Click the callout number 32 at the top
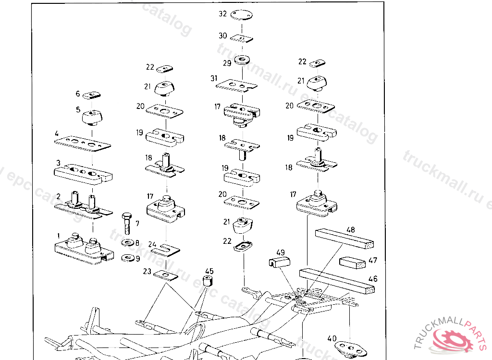tap(222, 14)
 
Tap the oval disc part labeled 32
tap(242, 15)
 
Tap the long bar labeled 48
tap(344, 239)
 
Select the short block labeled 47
tap(353, 263)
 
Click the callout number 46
tap(373, 278)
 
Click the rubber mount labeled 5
tap(93, 117)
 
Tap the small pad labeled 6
tap(91, 95)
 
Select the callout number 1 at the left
tap(59, 236)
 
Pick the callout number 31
tap(214, 78)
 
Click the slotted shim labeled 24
tap(166, 249)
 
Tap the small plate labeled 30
tap(242, 38)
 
